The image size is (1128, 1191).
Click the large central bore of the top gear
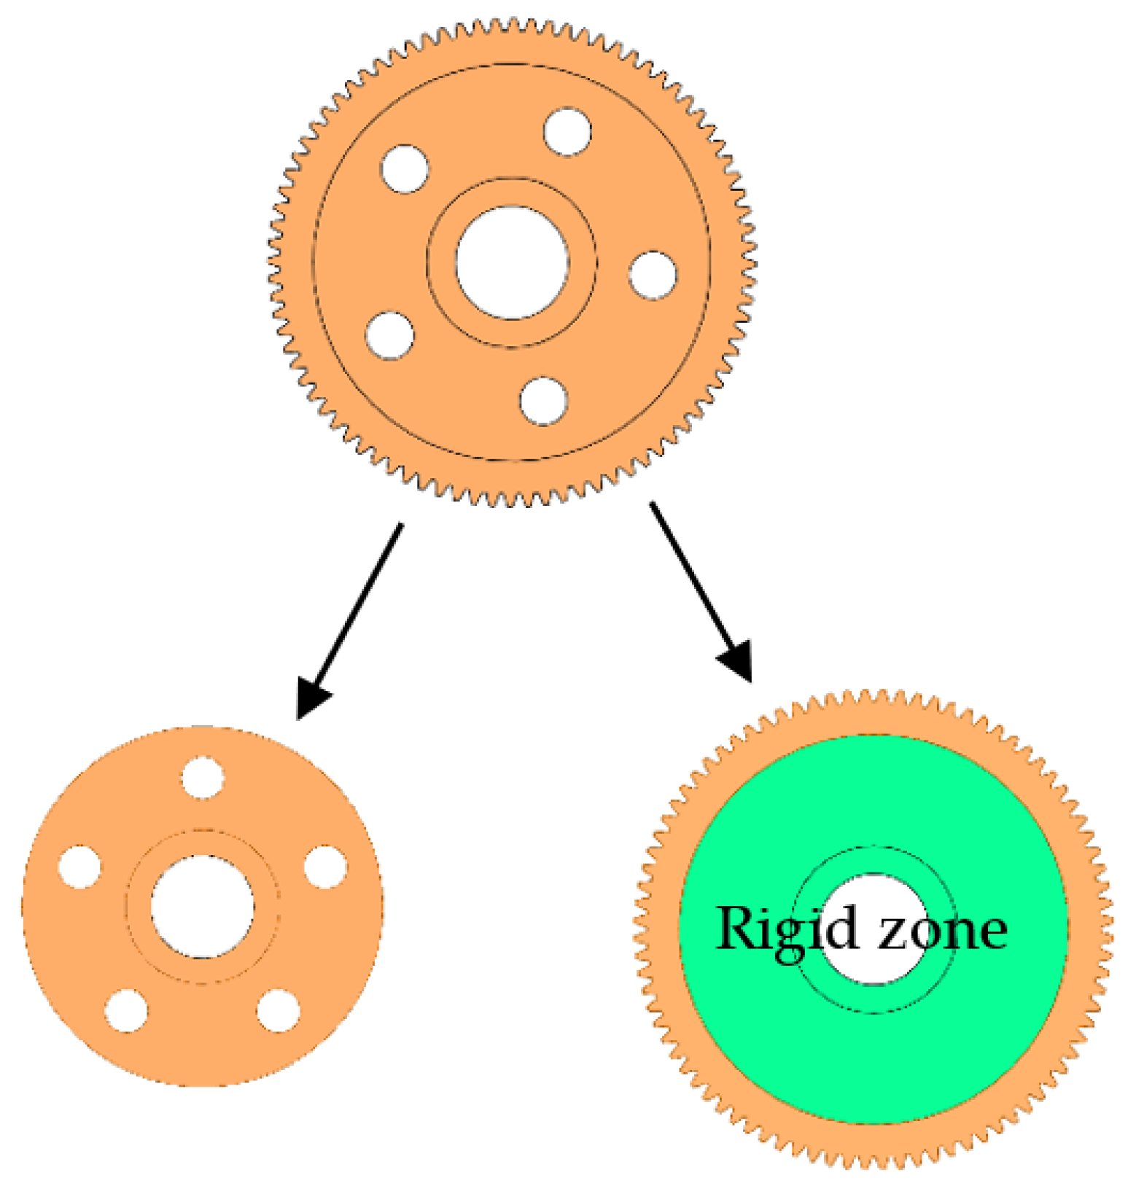512,262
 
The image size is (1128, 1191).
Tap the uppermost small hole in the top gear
567,132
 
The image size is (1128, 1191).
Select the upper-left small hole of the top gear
405,169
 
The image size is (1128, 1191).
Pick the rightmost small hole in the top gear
653,276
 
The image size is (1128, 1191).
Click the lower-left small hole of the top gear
390,336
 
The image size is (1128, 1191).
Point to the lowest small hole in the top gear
544,401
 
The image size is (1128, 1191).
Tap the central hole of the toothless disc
203,907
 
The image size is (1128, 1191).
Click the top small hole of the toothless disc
203,778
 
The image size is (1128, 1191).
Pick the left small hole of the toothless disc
79,867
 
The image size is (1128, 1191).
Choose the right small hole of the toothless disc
325,867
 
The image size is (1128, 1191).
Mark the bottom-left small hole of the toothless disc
126,1011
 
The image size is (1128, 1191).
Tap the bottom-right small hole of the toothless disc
279,1011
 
